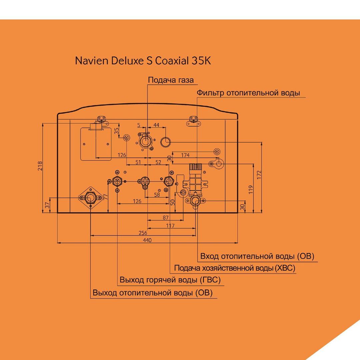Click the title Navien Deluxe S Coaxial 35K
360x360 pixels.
(143, 61)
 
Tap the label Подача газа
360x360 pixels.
(171, 80)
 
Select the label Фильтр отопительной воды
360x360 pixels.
(248, 93)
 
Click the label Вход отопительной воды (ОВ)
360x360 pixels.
(257, 256)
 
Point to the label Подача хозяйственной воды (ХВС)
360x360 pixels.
(235, 268)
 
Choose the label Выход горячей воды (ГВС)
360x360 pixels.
(170, 280)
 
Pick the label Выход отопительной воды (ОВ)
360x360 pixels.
(152, 293)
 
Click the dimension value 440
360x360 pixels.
(147, 240)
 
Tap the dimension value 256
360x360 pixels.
(143, 233)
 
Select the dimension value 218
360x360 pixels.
(40, 166)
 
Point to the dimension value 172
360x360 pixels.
(259, 175)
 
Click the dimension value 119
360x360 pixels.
(251, 190)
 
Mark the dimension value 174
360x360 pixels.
(185, 155)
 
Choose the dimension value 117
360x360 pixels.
(170, 226)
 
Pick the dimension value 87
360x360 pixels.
(166, 217)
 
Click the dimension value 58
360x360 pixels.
(157, 195)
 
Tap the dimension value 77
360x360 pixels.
(106, 197)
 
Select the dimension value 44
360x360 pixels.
(156, 125)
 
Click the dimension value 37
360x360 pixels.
(47, 205)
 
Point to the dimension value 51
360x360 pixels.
(138, 162)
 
